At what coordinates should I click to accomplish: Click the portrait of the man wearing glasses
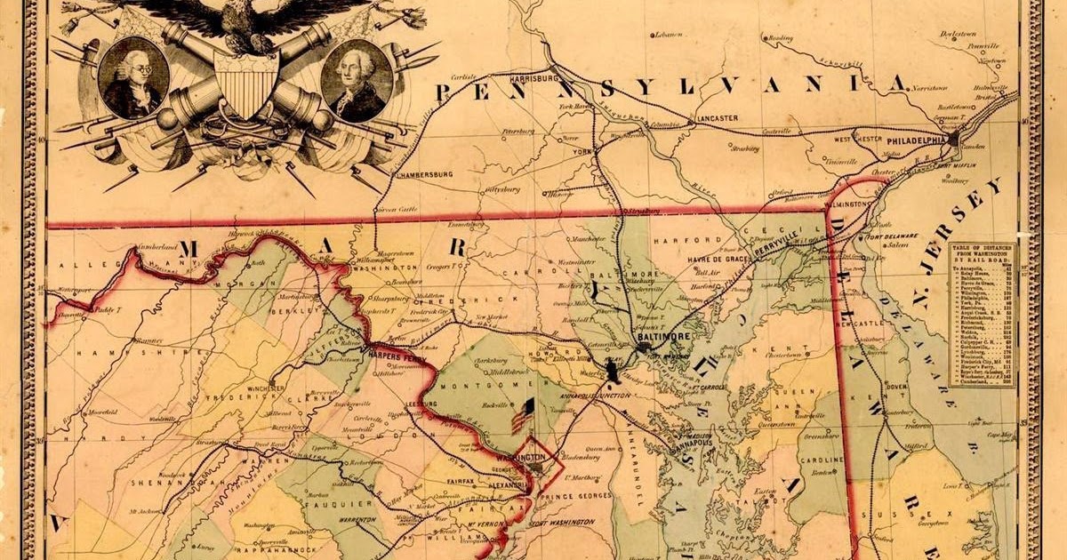click(132, 78)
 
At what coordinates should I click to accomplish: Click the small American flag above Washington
click(523, 415)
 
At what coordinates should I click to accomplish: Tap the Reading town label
click(780, 38)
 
